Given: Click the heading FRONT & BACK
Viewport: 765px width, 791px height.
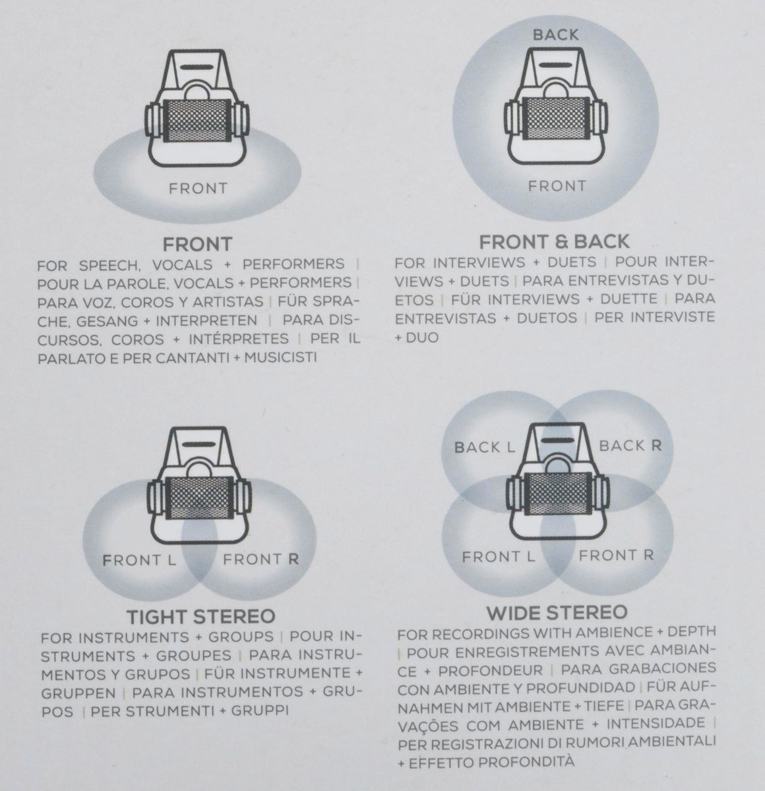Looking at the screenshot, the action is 555,242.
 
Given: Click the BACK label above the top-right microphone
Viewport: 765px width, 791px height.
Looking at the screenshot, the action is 555,34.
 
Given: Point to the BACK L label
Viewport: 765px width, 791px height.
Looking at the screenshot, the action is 484,448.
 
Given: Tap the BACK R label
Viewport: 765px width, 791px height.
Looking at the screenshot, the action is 630,446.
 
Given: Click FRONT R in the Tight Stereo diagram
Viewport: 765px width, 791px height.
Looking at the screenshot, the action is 260,560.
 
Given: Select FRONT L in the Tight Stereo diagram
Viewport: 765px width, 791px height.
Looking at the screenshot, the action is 139,560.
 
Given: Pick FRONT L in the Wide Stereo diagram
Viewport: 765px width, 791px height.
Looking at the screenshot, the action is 498,556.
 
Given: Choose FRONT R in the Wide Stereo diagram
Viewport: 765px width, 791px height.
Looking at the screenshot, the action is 616,555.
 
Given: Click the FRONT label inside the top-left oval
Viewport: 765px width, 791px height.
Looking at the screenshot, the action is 198,189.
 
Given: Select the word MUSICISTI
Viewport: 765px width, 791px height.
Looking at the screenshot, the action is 280,357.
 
